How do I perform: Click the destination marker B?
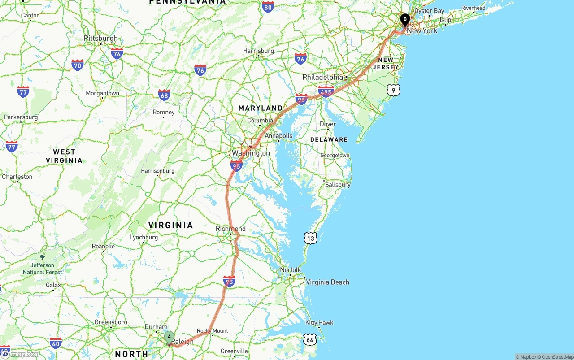point(405,20)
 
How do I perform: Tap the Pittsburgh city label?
point(101,38)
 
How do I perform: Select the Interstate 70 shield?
point(77,65)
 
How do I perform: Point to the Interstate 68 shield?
point(164,95)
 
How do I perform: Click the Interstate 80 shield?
point(268,6)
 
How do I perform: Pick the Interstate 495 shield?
point(326,92)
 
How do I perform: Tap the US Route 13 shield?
point(310,238)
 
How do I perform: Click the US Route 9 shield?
point(393,90)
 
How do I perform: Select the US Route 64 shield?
point(309,339)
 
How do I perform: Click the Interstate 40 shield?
point(56,344)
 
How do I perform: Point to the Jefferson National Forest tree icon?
point(42,256)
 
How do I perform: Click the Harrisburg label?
point(258,51)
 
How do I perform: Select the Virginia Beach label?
point(327,282)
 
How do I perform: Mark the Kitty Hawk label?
point(319,322)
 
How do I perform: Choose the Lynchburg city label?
point(144,237)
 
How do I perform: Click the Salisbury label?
point(338,184)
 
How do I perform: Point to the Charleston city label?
point(17,177)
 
